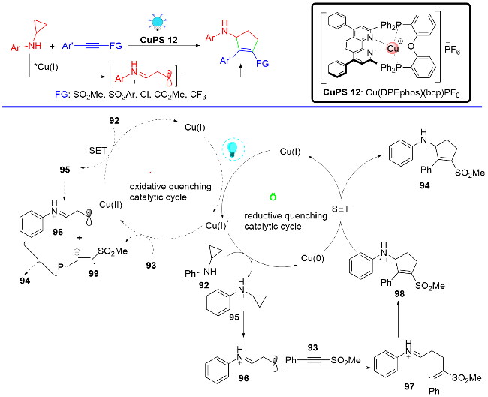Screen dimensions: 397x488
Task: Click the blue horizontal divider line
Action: click(x=244, y=107)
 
